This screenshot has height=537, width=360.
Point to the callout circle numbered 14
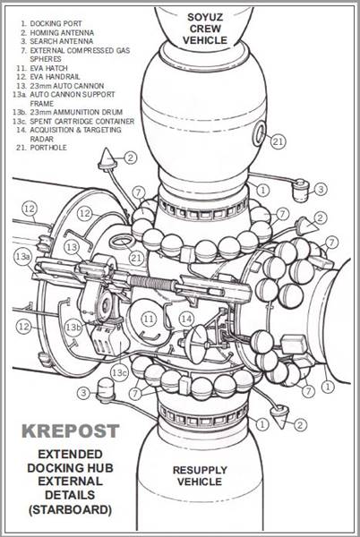pyautogui.click(x=187, y=317)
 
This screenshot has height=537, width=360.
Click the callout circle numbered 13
pyautogui.click(x=72, y=247)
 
